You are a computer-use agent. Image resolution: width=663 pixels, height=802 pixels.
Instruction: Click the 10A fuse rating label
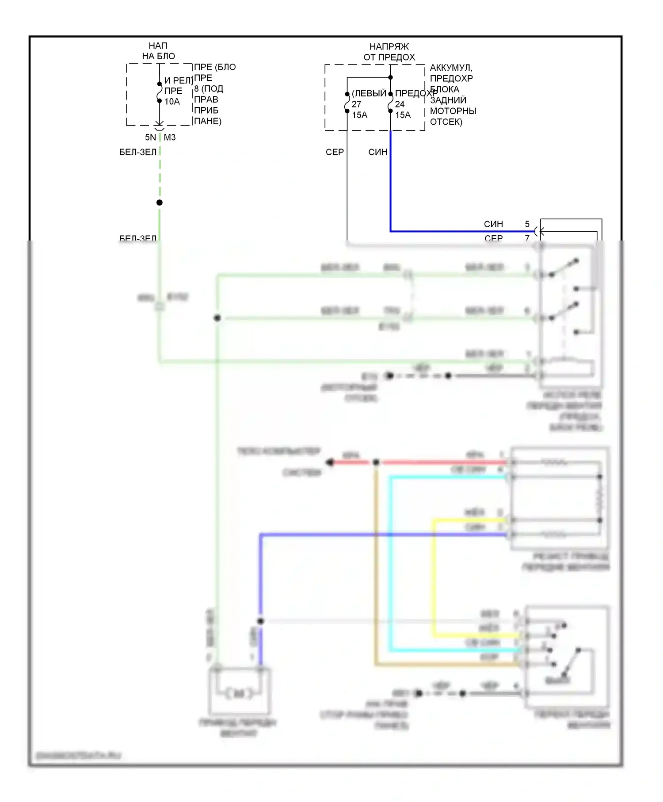(x=172, y=102)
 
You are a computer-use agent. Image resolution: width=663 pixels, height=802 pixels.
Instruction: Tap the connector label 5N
(x=150, y=137)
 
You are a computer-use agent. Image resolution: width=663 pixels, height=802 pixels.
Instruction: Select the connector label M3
(x=170, y=137)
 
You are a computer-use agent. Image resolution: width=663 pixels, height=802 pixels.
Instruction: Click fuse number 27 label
(x=356, y=104)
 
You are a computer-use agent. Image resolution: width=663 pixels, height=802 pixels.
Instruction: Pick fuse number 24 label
(x=400, y=104)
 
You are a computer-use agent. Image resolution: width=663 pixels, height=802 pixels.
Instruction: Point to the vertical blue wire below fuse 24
(x=390, y=186)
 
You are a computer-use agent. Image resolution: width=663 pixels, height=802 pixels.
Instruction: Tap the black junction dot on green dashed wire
(x=160, y=202)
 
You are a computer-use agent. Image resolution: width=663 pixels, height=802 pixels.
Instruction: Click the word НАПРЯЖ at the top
(x=389, y=46)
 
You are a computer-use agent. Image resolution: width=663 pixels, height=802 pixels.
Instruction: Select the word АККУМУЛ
(x=451, y=68)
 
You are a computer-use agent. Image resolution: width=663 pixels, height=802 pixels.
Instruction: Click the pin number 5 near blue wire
(x=527, y=224)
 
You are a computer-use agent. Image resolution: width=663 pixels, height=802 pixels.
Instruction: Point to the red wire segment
(x=442, y=462)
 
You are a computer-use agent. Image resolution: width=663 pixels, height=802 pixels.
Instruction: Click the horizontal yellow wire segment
(x=473, y=520)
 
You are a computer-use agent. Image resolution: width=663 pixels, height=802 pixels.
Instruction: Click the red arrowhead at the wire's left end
(x=329, y=462)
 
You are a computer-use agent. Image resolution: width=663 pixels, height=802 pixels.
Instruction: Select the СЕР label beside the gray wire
(x=335, y=152)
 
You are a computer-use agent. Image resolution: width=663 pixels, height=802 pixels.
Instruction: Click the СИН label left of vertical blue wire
(x=377, y=152)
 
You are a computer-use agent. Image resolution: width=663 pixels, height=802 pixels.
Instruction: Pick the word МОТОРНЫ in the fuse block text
(x=453, y=111)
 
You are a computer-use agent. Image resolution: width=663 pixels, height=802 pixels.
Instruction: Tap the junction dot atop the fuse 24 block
(x=390, y=77)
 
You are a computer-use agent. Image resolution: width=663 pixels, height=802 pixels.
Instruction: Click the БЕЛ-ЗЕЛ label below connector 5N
(x=138, y=152)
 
